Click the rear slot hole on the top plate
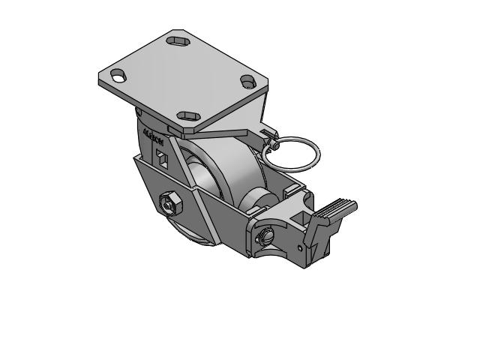click(x=178, y=40)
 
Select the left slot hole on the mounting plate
click(x=118, y=75)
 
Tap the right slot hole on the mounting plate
click(x=249, y=82)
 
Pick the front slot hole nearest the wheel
click(x=187, y=115)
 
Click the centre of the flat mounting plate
click(x=183, y=78)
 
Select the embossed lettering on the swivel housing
click(x=153, y=139)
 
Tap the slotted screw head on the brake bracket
click(x=265, y=237)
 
